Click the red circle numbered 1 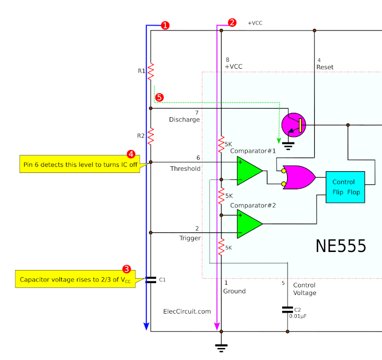point(165,25)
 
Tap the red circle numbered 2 point(232,22)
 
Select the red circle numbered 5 point(159,98)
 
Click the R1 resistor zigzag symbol point(151,71)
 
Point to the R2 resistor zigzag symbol point(151,136)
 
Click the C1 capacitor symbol point(151,280)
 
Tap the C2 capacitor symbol point(288,310)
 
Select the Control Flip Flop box point(345,187)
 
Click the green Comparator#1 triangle point(250,171)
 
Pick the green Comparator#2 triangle point(250,224)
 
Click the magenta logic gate point(299,177)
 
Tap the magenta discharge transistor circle point(294,125)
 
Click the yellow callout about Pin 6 point(80,164)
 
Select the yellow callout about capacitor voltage point(76,279)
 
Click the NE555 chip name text point(341,246)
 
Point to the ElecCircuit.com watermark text point(187,311)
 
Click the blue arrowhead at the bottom point(146,326)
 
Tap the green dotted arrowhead point(279,141)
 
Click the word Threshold point(185,169)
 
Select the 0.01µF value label point(298,316)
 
